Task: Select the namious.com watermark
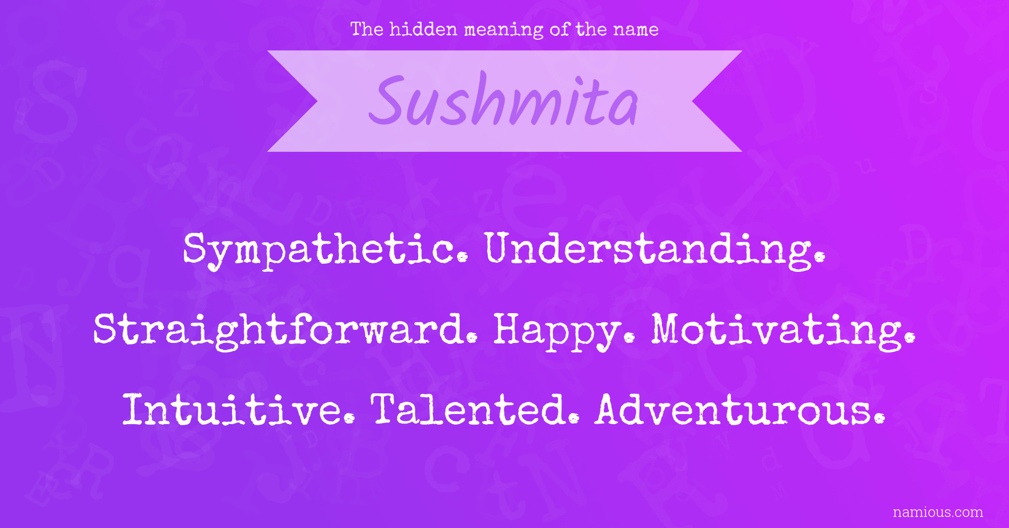[938, 512]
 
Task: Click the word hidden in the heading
[423, 29]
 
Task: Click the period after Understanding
[820, 257]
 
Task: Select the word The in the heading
[367, 29]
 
